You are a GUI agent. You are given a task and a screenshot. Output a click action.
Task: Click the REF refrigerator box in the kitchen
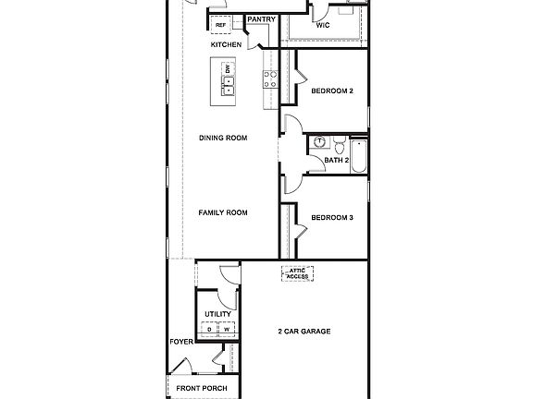coord(222,27)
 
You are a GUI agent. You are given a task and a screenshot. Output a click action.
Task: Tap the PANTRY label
coord(261,18)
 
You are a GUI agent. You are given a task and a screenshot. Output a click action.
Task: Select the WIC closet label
coord(323,26)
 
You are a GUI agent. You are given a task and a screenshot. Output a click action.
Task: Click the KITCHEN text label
coord(226,44)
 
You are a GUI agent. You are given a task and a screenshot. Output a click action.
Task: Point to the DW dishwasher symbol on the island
coord(229,70)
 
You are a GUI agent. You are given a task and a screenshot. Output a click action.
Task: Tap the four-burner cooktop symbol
coord(270,79)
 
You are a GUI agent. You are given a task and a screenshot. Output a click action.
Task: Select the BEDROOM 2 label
coord(332,91)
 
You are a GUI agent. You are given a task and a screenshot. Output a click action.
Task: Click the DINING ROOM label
coord(223,138)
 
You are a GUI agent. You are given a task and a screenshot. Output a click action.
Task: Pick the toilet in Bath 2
coord(340,144)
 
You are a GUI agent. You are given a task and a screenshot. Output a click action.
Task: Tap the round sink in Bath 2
coord(319,142)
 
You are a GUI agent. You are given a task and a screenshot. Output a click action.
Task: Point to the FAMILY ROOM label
coord(223,212)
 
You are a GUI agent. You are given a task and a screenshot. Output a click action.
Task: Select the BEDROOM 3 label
coord(332,218)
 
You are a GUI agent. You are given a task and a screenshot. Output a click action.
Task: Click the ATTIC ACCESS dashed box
coord(298,272)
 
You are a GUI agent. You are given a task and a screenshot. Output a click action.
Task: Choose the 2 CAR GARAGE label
coord(304,331)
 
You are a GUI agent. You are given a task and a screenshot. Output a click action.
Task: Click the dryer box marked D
coord(210,330)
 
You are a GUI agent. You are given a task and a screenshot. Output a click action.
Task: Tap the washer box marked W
coord(226,330)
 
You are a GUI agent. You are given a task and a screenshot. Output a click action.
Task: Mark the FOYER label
coord(180,342)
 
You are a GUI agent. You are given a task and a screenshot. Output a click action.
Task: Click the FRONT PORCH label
coord(202,388)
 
